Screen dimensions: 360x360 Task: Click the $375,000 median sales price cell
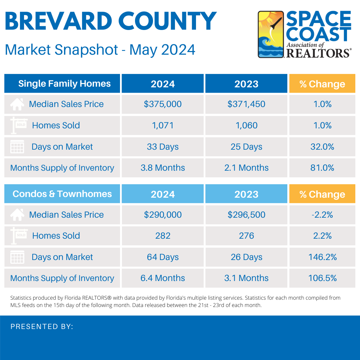[x=163, y=104]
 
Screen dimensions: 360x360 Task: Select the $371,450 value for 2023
[x=246, y=104]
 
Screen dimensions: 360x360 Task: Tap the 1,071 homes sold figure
[x=163, y=125]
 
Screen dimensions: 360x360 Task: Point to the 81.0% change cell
[x=322, y=168]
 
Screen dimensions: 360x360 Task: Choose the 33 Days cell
[x=163, y=147]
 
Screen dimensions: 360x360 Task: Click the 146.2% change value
[x=322, y=257]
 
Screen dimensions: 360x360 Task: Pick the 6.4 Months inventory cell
[x=163, y=278]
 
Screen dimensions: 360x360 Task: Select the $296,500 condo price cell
[x=246, y=215]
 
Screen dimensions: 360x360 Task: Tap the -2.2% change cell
[x=322, y=215]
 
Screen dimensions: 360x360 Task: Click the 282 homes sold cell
[x=163, y=236]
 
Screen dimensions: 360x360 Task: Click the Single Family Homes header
[x=64, y=83]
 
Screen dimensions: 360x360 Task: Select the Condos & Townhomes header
[x=62, y=194]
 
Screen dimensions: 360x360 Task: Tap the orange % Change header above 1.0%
[x=322, y=84]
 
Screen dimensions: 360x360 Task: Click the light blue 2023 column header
[x=246, y=194]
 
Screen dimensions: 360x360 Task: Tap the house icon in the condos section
[x=17, y=215]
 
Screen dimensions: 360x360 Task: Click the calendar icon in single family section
[x=17, y=147]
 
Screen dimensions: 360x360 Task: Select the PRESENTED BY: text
[x=42, y=327]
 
